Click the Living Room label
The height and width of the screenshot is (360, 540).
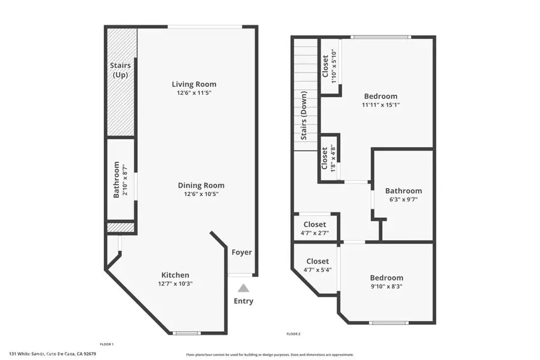[194, 84]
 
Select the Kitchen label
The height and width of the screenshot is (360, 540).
[175, 275]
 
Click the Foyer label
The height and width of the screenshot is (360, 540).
[242, 253]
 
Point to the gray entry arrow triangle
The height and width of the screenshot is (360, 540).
[243, 289]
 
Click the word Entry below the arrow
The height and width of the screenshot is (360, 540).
[243, 301]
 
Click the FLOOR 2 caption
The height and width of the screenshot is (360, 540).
[293, 333]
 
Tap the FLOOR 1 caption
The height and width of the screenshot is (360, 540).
[106, 344]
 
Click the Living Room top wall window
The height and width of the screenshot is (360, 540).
[205, 26]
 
